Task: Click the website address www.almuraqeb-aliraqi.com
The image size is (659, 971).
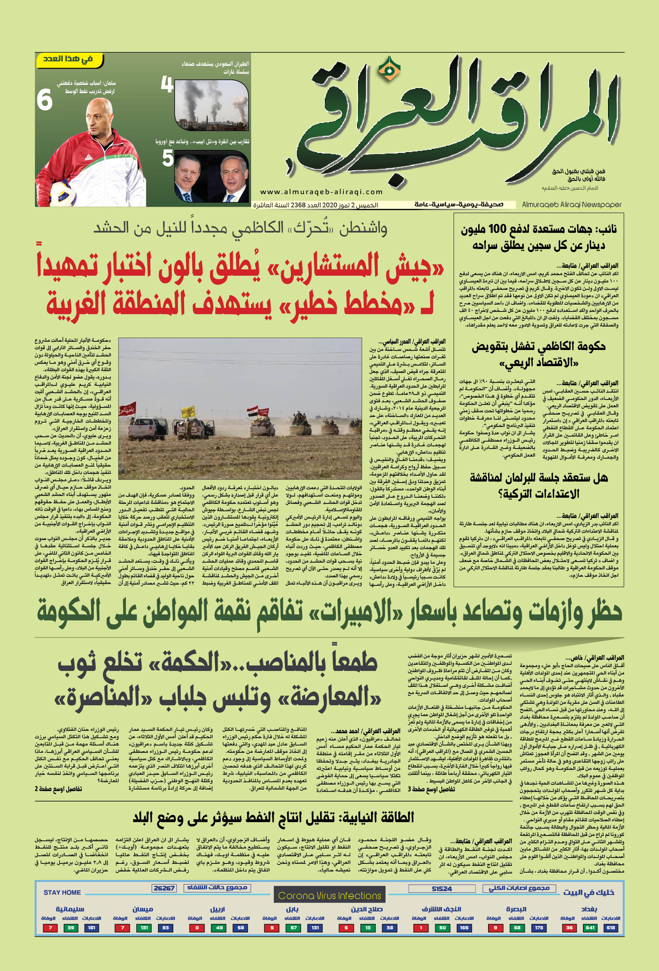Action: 321,192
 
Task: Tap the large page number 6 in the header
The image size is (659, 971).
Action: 44,101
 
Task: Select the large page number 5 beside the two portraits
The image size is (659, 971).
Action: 168,158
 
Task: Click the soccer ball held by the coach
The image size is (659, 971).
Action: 63,193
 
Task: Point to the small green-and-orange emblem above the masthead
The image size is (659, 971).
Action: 389,69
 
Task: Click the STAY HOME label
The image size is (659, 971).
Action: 62,892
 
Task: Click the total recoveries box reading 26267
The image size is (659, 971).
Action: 164,888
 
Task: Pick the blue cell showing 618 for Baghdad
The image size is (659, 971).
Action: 611,928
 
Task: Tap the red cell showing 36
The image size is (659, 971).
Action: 569,928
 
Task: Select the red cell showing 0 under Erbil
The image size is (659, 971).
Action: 197,928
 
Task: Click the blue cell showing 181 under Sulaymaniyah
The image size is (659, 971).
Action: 92,928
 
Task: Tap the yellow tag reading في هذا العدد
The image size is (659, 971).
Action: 68,59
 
